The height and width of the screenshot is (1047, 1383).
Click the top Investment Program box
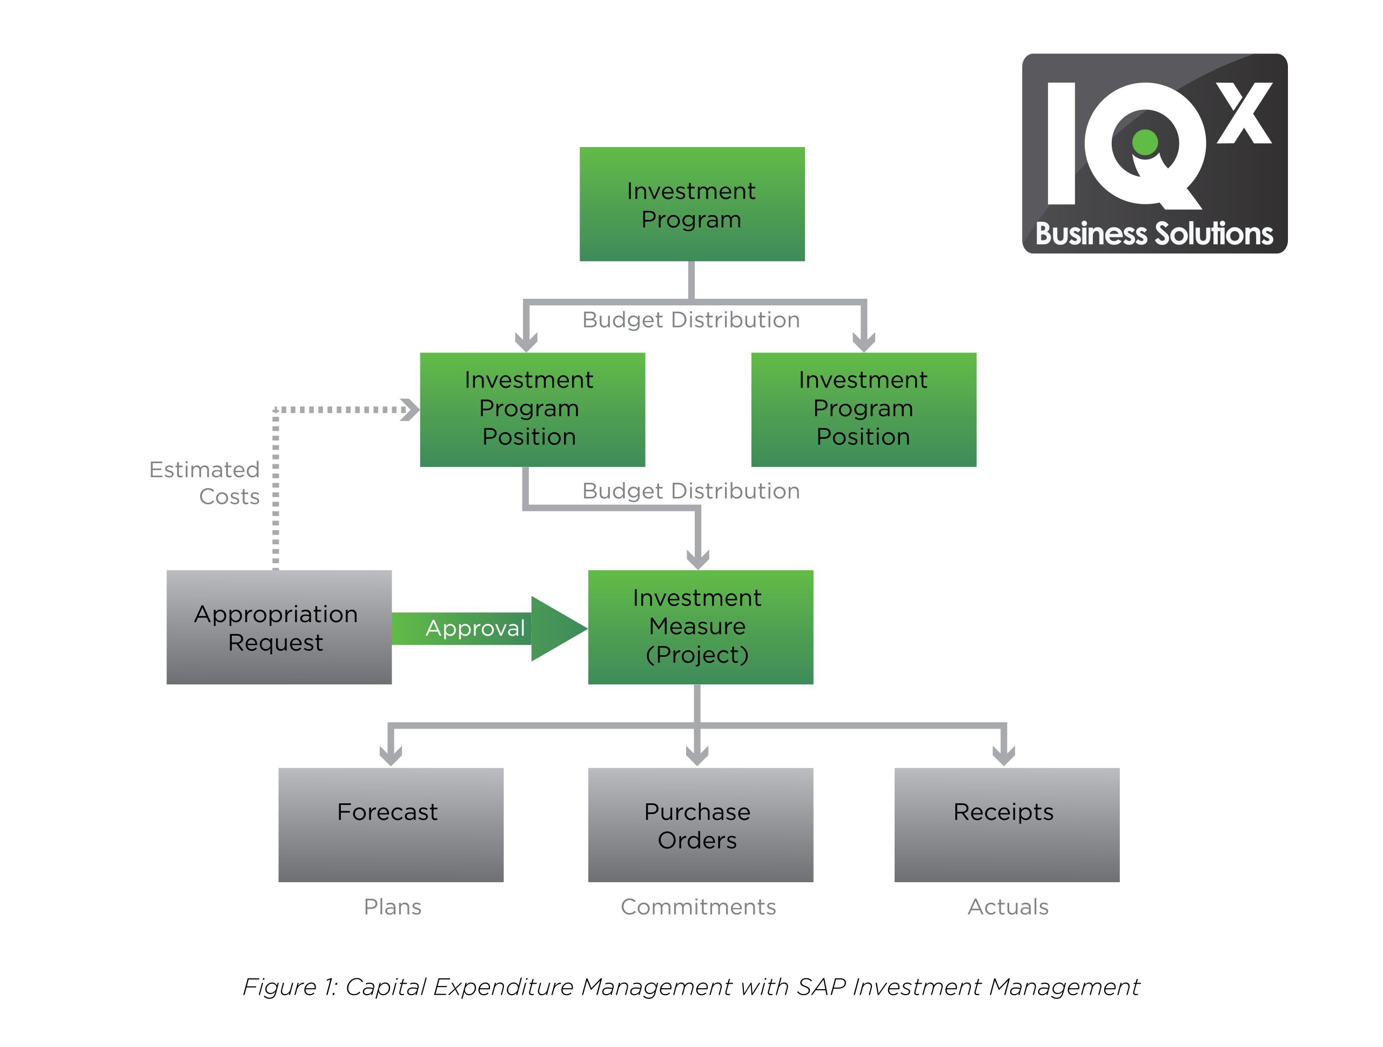[691, 204]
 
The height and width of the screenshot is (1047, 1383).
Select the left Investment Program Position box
[532, 410]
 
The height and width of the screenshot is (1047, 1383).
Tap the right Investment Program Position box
[863, 410]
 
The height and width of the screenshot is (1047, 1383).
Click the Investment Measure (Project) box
[700, 626]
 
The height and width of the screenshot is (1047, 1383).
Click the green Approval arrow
[488, 628]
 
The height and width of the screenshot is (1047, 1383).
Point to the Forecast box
[391, 824]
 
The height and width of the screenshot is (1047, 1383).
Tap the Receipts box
[1006, 824]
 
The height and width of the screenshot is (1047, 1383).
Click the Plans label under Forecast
[393, 907]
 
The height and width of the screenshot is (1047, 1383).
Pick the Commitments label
[698, 907]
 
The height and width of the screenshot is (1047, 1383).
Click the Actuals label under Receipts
[1008, 907]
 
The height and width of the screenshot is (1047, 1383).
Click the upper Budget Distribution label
[691, 320]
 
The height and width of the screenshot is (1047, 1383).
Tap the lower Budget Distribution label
[691, 491]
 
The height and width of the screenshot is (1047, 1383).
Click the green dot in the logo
[1145, 142]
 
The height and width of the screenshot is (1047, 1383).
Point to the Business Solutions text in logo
[1153, 234]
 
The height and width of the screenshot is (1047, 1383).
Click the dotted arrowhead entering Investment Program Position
[411, 410]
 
